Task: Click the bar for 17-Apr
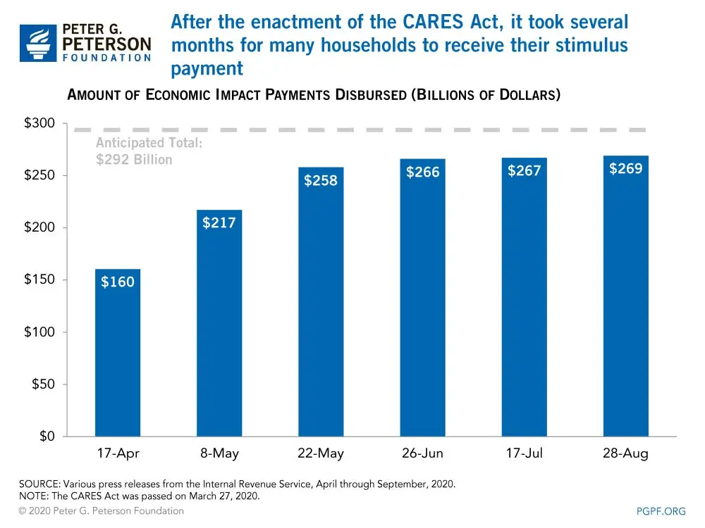pos(118,352)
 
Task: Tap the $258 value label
pos(321,180)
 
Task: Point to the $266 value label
pos(423,172)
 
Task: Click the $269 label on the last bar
pos(626,168)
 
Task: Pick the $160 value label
pos(118,282)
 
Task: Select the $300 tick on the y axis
pos(39,124)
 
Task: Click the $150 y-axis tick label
pos(39,280)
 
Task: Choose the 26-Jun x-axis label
pos(423,453)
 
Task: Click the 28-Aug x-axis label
pos(626,453)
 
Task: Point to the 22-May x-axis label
pos(321,453)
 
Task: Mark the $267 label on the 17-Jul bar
pos(525,170)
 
